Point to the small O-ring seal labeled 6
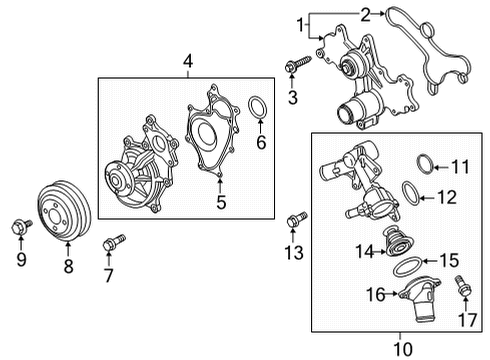256,107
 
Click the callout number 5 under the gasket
222,203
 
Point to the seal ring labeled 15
409,266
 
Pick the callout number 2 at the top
366,13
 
